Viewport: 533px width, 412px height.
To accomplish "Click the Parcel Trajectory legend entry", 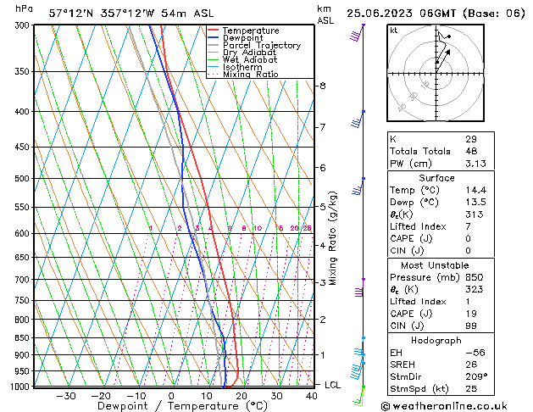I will (261, 46).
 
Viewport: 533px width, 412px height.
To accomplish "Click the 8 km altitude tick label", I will (322, 86).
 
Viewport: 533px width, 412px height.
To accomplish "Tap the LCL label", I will (333, 385).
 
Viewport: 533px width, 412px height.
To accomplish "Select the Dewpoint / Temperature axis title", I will (158, 407).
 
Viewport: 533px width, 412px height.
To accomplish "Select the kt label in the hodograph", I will (393, 30).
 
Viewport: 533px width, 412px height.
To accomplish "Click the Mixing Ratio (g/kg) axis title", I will (333, 237).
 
